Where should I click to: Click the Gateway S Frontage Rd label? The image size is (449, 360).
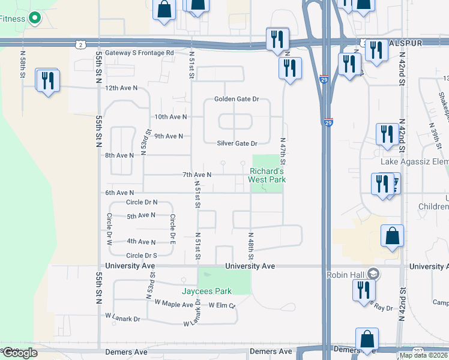(x=139, y=53)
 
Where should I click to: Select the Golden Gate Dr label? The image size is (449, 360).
(x=237, y=99)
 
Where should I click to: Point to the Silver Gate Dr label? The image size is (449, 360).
(x=237, y=143)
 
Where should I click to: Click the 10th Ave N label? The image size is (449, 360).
(x=170, y=117)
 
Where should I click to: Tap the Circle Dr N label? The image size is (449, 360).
(x=142, y=203)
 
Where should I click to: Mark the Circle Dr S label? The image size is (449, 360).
(x=142, y=256)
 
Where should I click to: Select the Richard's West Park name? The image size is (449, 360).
(x=267, y=175)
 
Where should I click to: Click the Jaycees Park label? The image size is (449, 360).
(x=207, y=292)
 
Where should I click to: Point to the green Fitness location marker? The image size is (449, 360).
(x=35, y=19)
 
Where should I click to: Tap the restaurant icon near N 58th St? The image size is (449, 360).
(x=47, y=80)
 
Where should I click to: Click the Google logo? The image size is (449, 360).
(x=19, y=353)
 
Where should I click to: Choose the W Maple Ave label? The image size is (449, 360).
(x=174, y=304)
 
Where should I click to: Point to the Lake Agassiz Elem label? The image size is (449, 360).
(x=414, y=161)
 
